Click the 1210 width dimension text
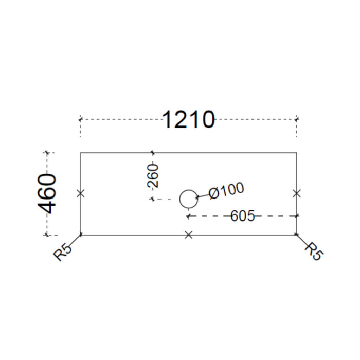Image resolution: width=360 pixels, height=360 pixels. pyautogui.click(x=189, y=120)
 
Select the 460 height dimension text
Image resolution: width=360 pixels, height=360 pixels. pyautogui.click(x=47, y=194)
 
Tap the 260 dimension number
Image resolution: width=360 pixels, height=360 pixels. pyautogui.click(x=153, y=176)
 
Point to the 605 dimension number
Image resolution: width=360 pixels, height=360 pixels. pyautogui.click(x=242, y=216)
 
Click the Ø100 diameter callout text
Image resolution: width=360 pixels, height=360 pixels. pyautogui.click(x=226, y=191)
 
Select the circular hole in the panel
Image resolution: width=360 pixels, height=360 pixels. pyautogui.click(x=189, y=190)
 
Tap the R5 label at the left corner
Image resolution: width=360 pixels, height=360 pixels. pyautogui.click(x=62, y=252)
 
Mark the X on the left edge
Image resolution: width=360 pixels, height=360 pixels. pyautogui.click(x=80, y=193)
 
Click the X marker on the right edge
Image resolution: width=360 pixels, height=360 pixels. pyautogui.click(x=297, y=193)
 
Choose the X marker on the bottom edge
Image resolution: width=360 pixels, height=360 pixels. pyautogui.click(x=189, y=235)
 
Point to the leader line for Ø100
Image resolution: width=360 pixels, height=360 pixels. pyautogui.click(x=203, y=196)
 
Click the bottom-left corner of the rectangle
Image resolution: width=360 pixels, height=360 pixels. pyautogui.click(x=80, y=235)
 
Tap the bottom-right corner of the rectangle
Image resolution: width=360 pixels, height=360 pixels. pyautogui.click(x=297, y=235)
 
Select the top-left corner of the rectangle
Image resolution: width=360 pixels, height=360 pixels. pyautogui.click(x=80, y=153)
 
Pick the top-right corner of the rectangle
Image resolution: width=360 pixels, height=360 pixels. pyautogui.click(x=297, y=153)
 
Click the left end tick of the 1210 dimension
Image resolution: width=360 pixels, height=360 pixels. pyautogui.click(x=80, y=119)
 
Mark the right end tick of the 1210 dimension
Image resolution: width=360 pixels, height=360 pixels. pyautogui.click(x=297, y=119)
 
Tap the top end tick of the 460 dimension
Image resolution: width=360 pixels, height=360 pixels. pyautogui.click(x=47, y=152)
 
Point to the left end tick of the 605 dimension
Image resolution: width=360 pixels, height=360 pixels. pyautogui.click(x=189, y=216)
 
